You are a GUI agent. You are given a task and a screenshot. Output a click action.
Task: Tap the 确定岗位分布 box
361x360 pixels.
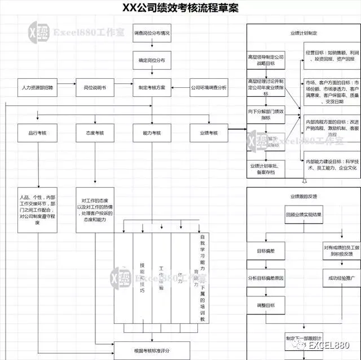pos(152,60)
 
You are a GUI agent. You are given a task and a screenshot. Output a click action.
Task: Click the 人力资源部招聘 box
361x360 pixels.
pos(38,88)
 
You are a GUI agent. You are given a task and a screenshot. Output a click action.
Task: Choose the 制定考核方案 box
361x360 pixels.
pos(152,88)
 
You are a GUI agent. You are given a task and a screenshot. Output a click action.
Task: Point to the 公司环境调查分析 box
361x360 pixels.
pos(209,88)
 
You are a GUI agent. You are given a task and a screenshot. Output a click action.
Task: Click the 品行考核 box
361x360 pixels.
pos(38,133)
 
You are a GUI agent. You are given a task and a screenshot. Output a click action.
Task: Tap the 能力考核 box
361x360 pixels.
pos(152,133)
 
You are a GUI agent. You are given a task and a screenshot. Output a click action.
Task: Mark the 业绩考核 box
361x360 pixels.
pos(209,133)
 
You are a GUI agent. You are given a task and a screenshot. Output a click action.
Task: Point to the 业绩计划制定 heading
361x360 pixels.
pos(303,33)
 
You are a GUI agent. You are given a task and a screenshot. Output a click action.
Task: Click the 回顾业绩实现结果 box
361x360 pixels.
pos(303,215)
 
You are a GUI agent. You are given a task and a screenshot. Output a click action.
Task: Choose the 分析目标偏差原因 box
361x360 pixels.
pos(266,278)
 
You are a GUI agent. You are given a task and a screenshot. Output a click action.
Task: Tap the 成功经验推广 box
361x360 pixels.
pos(334,278)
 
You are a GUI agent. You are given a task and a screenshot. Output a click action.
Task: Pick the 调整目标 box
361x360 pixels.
pos(266,305)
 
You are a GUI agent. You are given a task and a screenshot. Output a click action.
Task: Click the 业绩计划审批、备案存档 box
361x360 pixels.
pos(266,168)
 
